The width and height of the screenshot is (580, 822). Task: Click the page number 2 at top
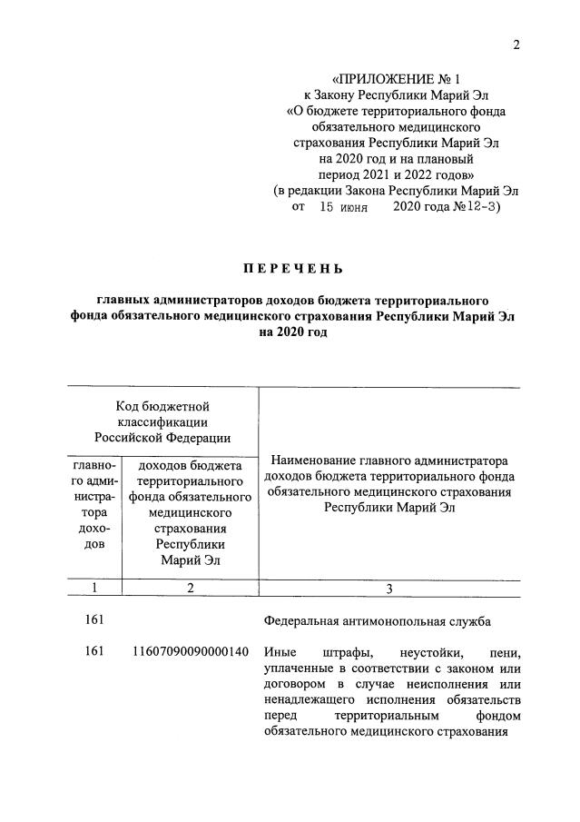(x=516, y=47)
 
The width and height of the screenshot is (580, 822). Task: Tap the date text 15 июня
(x=343, y=207)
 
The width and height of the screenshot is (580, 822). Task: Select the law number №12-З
(x=477, y=207)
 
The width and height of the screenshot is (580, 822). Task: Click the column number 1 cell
(x=95, y=588)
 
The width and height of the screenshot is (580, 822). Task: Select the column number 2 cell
(x=190, y=588)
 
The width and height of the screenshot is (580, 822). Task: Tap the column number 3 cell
(x=388, y=589)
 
